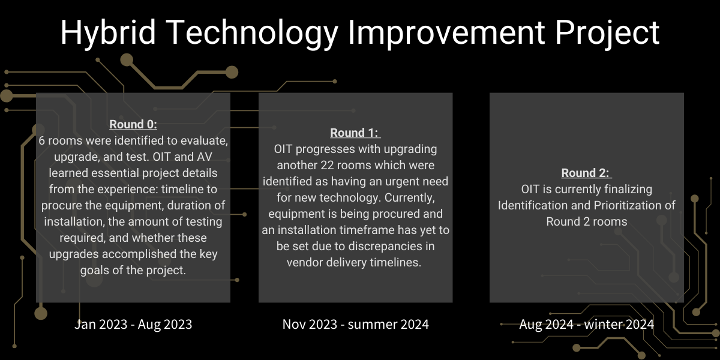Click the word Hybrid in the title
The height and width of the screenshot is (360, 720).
(108, 33)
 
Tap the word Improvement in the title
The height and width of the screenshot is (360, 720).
(446, 32)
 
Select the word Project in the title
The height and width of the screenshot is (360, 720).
(607, 33)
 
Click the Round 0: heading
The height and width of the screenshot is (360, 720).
(133, 124)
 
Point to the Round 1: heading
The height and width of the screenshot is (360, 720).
(355, 133)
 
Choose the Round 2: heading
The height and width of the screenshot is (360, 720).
(586, 173)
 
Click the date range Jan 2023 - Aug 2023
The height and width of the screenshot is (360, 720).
(133, 324)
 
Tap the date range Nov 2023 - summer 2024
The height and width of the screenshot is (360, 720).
(355, 324)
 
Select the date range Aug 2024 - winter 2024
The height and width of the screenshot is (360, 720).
(586, 324)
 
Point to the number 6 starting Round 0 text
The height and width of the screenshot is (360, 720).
(42, 141)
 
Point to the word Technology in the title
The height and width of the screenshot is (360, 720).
(252, 33)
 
